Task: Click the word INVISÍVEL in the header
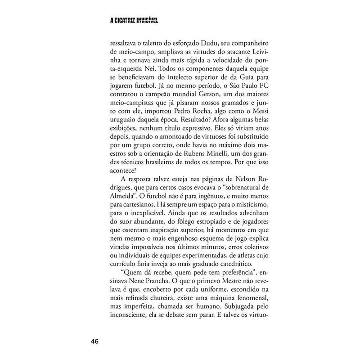(x=145, y=20)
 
